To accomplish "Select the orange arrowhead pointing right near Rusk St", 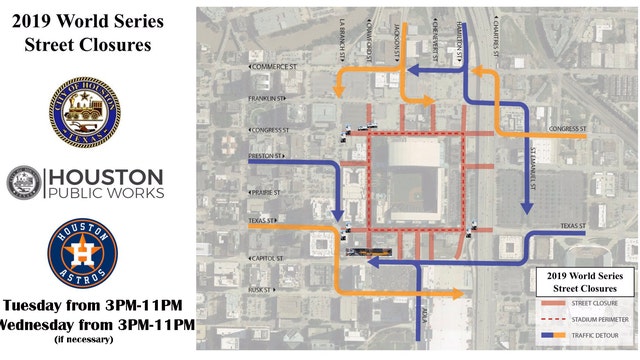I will click(459, 293).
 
